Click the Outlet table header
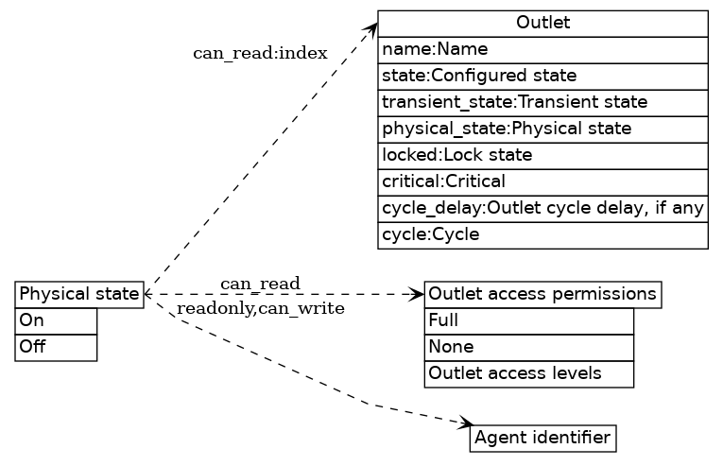(542, 23)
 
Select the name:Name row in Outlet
(542, 49)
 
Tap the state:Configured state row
(542, 76)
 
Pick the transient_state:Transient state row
(542, 102)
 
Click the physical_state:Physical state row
(542, 129)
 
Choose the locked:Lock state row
(542, 155)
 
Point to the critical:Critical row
(542, 181)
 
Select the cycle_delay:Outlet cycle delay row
(542, 208)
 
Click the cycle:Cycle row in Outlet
(542, 234)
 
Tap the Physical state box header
(79, 294)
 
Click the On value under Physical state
(56, 321)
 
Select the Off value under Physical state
(56, 347)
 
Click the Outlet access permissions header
(542, 294)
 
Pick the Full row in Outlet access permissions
(528, 321)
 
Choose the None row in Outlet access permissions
(528, 347)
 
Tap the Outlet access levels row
(528, 373)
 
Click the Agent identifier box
(542, 438)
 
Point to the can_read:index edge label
(260, 53)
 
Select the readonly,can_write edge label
(260, 308)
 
